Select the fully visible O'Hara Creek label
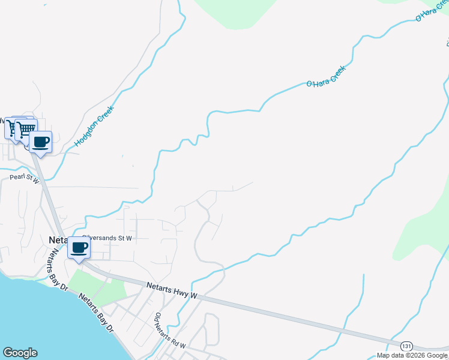[x=327, y=77]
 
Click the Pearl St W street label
[x=24, y=179]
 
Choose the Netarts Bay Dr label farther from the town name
[x=96, y=313]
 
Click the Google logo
[x=20, y=353]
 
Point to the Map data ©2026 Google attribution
[x=411, y=355]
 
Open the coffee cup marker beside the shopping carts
[x=40, y=142]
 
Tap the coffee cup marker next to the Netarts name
[x=79, y=247]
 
